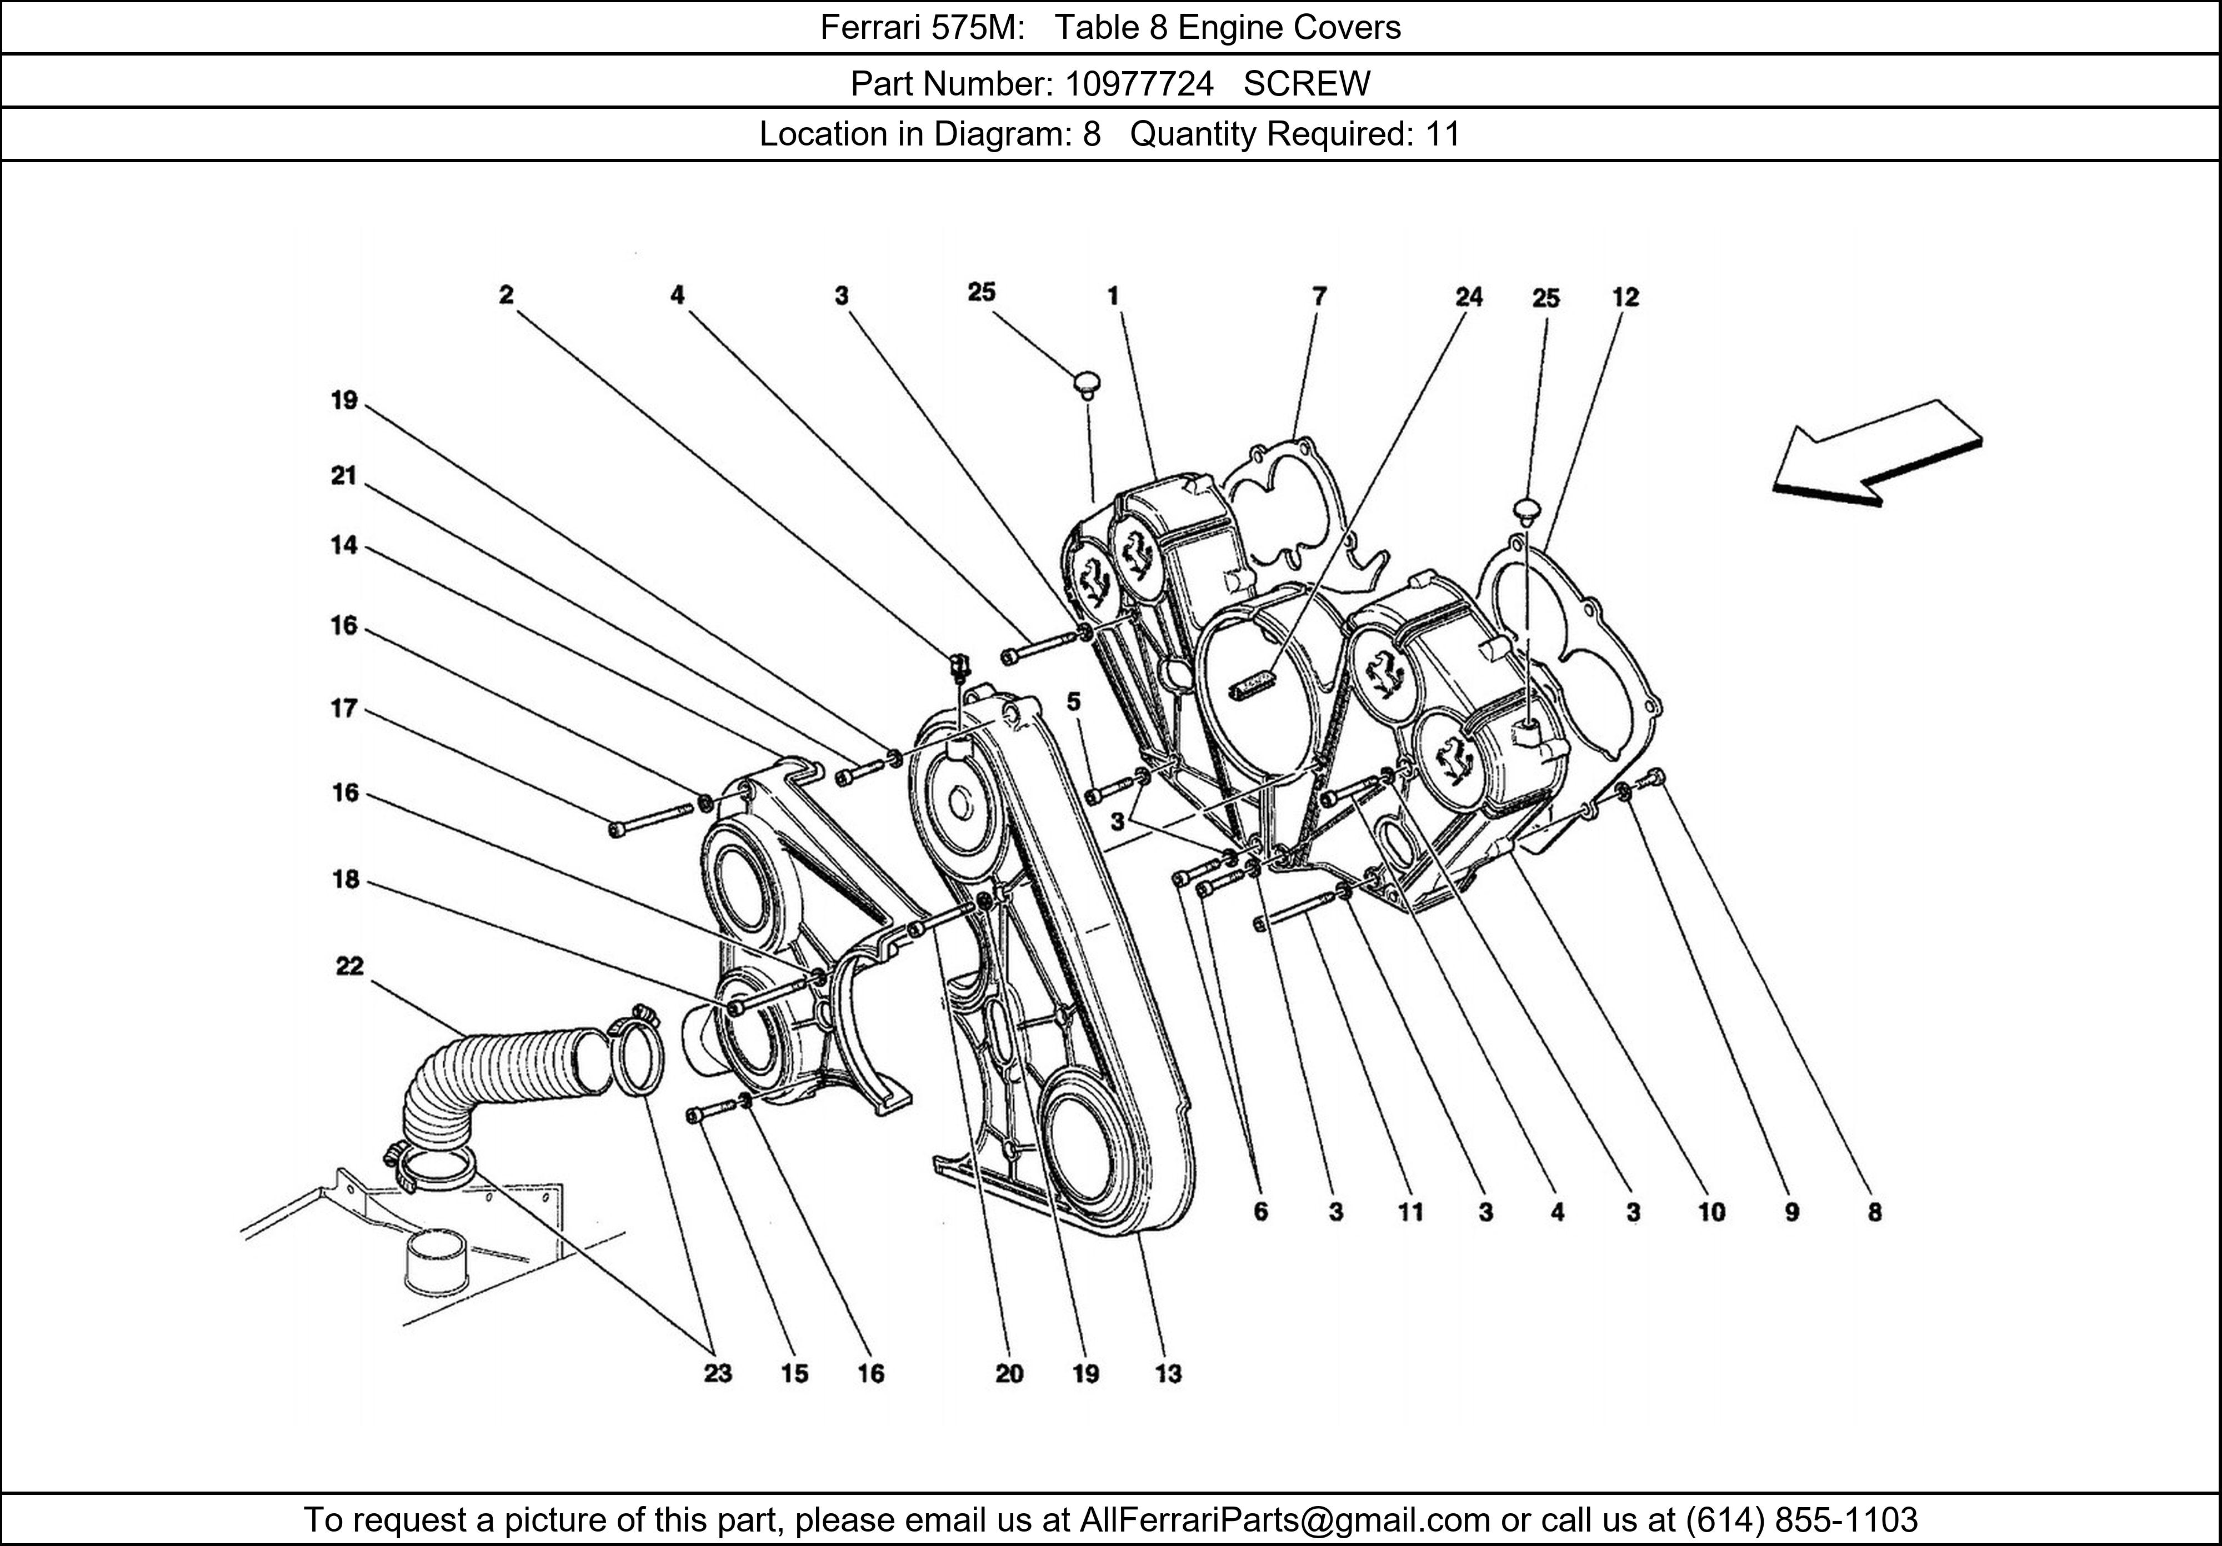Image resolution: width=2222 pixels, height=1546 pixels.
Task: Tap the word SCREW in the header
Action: (x=1307, y=84)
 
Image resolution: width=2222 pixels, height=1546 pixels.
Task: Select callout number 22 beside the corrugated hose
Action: (x=349, y=966)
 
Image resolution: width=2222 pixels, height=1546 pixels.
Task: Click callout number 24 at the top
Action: (x=1468, y=297)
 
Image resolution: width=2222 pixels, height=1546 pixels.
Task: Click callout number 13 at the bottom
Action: (x=1168, y=1373)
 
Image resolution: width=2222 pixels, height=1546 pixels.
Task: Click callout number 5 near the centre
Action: (x=1073, y=701)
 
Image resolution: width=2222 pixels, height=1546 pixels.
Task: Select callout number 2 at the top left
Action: (x=506, y=294)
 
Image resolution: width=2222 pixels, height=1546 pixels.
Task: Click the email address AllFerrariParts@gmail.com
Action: (x=1284, y=1520)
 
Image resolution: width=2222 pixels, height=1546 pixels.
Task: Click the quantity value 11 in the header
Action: (x=1442, y=133)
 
